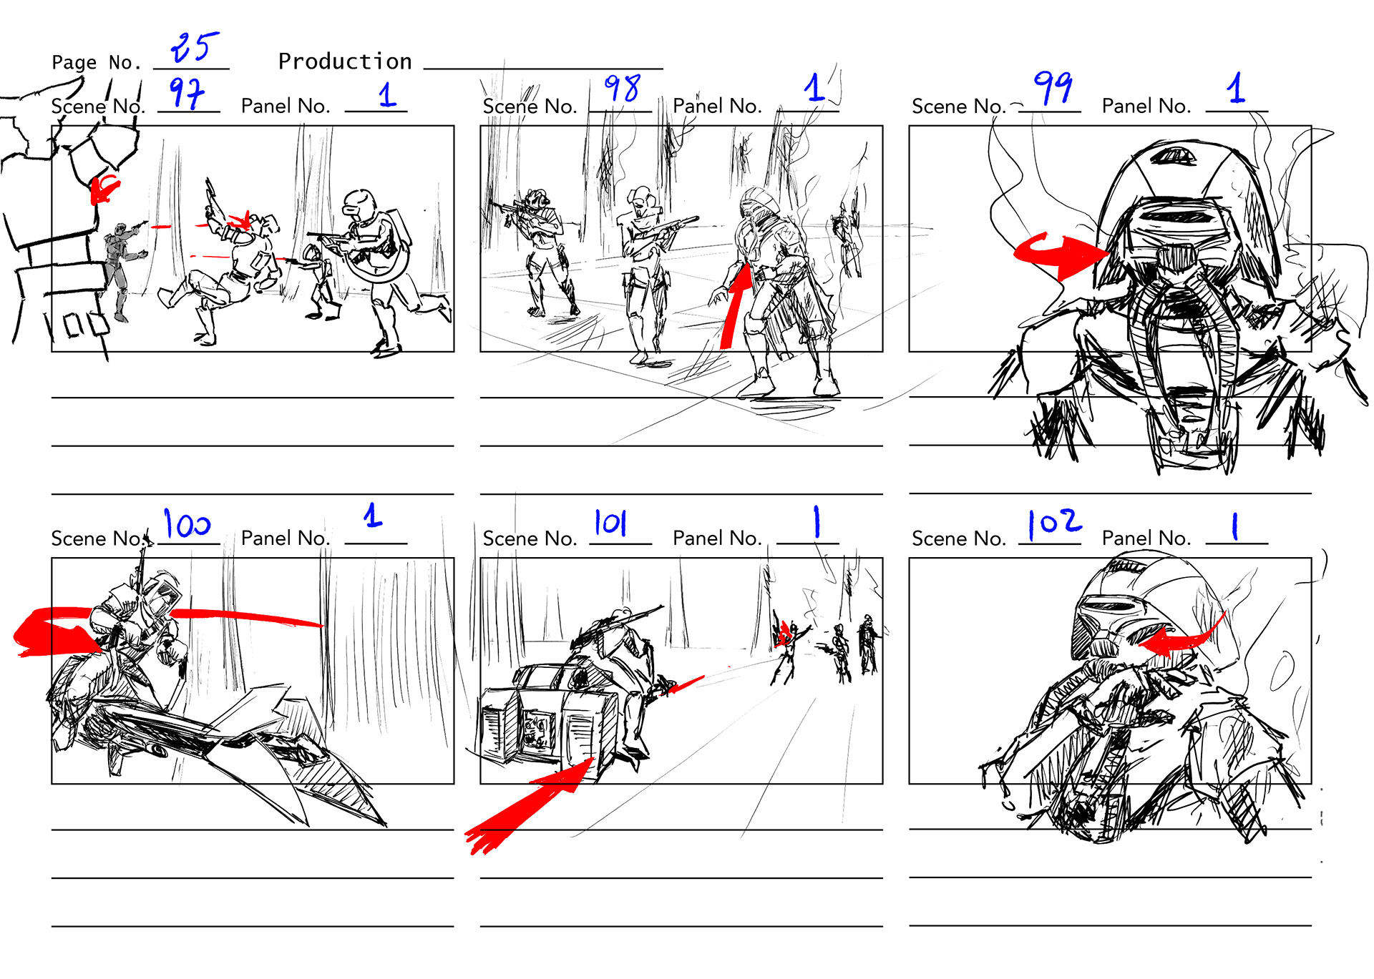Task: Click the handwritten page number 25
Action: [x=195, y=47]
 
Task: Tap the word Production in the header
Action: [x=345, y=62]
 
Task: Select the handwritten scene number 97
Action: [x=186, y=94]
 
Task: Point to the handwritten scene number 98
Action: [x=622, y=89]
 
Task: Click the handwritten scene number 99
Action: [x=1053, y=87]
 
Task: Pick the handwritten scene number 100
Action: [x=187, y=524]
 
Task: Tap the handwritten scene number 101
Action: [x=610, y=522]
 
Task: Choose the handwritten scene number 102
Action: [x=1054, y=523]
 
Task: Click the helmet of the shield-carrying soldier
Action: [x=359, y=204]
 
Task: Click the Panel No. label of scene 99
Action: [x=1146, y=106]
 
